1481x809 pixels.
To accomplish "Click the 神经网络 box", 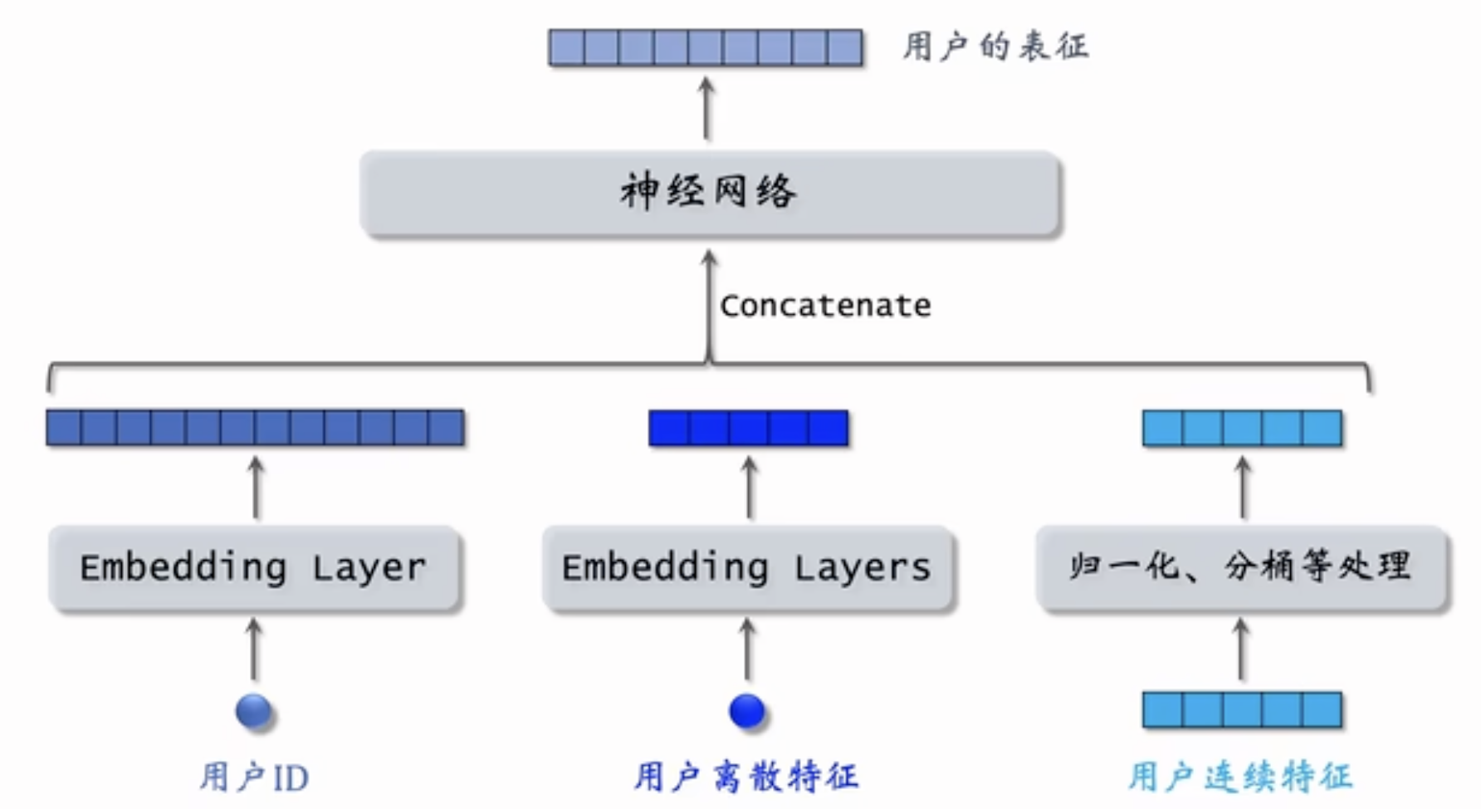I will coord(710,194).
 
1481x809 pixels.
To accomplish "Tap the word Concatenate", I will coord(825,306).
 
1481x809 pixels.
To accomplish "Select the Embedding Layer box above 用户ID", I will coord(254,569).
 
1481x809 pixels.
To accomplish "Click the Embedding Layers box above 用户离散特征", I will coord(747,569).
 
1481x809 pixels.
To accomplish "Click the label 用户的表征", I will coord(995,47).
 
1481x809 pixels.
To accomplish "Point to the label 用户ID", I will coord(254,777).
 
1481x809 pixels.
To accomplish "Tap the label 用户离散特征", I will coord(746,777).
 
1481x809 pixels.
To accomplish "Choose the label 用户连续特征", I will coord(1240,777).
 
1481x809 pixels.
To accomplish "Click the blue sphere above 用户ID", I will coord(253,711).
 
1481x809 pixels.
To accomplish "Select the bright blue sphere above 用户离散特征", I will coord(746,711).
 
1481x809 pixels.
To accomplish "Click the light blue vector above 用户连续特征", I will coord(1242,710).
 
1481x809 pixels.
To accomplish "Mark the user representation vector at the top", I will coord(706,47).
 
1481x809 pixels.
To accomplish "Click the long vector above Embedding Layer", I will coord(255,428).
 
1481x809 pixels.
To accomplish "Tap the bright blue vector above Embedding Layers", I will coord(748,428).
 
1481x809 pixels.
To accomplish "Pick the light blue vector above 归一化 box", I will coord(1242,428).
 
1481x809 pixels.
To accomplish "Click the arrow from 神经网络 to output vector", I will coord(706,108).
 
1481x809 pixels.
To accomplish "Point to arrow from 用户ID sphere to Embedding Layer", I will coord(255,650).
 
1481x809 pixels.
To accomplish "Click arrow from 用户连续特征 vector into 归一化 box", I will coord(1241,650).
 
